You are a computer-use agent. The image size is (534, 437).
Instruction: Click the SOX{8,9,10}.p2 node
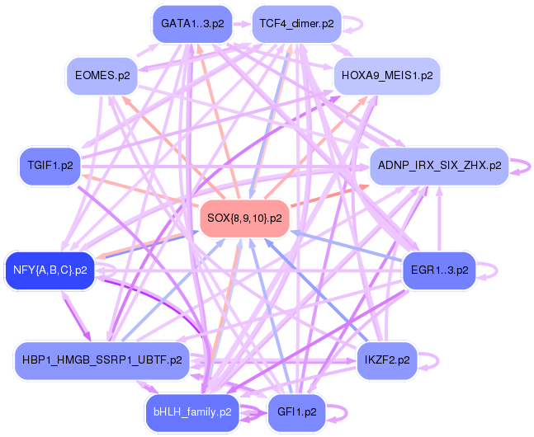point(243,219)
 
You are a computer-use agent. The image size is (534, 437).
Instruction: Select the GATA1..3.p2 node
point(191,24)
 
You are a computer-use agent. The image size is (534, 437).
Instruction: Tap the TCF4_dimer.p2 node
point(296,24)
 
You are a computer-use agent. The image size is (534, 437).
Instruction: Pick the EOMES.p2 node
point(102,75)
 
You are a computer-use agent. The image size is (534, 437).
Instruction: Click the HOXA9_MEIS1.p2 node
point(386,75)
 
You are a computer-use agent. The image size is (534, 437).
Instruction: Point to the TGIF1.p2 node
point(50,166)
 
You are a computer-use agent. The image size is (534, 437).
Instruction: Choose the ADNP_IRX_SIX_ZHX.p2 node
point(438,166)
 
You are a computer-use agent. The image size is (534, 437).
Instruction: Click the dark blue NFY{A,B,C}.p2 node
point(50,270)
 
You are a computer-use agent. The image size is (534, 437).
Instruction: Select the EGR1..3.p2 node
point(438,270)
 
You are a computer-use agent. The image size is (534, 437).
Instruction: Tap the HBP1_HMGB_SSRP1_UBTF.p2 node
point(102,360)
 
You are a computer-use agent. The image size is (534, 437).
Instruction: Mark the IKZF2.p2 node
point(386,360)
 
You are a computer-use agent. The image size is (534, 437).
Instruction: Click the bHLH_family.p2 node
point(191,411)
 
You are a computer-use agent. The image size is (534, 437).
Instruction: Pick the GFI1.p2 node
point(296,411)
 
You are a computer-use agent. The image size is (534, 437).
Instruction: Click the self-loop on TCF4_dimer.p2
point(353,24)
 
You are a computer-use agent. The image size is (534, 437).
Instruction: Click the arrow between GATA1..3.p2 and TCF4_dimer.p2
point(241,25)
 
